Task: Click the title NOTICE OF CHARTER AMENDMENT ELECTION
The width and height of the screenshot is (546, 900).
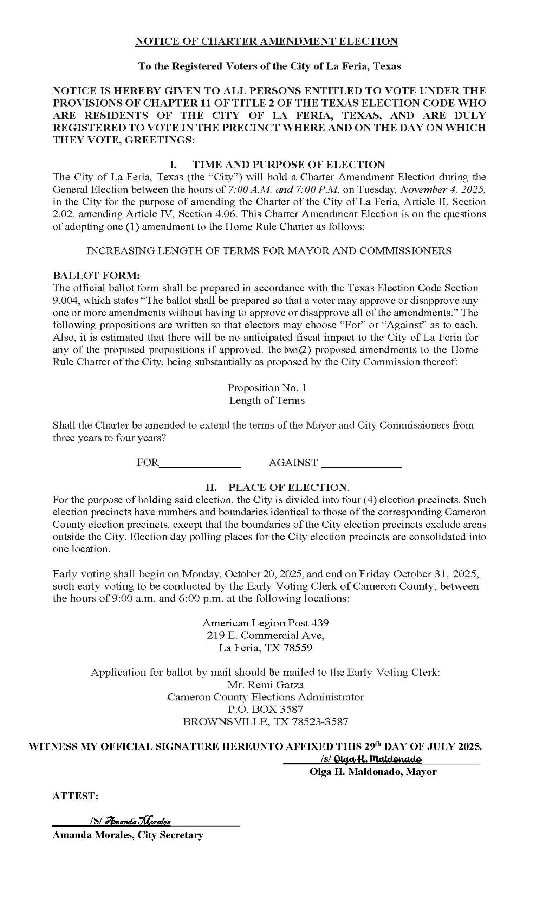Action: click(266, 41)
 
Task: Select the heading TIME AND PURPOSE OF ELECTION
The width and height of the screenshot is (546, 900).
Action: click(288, 165)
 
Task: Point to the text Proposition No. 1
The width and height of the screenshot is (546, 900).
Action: click(267, 387)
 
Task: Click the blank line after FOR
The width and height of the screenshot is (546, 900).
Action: click(200, 463)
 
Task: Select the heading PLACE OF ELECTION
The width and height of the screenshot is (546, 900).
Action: click(288, 487)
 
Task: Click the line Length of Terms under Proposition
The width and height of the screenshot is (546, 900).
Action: click(267, 400)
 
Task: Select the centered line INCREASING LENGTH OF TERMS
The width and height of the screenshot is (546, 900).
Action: click(269, 251)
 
